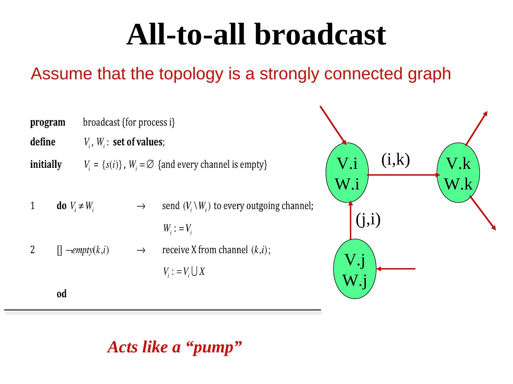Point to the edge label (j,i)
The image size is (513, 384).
(368, 219)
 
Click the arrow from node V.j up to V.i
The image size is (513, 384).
(351, 220)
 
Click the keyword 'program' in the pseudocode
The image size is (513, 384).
(48, 123)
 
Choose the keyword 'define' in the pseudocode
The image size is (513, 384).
(43, 142)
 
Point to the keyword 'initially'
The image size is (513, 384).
(46, 165)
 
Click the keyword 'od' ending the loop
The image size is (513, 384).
(62, 294)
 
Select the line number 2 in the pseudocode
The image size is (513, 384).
(32, 250)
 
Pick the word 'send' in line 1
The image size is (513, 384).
(171, 206)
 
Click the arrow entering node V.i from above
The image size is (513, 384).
(333, 125)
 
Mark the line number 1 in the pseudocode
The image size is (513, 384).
(32, 206)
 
